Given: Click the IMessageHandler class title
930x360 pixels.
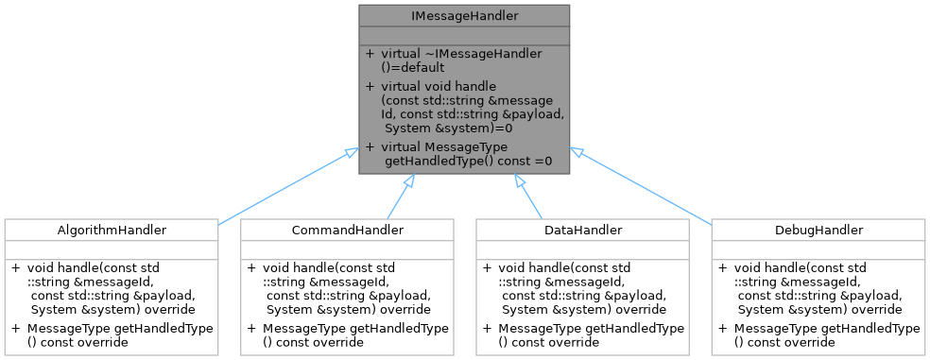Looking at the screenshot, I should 464,15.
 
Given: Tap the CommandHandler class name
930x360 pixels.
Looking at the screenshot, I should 347,230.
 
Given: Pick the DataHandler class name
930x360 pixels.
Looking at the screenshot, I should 582,230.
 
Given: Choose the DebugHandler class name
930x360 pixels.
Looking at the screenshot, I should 818,230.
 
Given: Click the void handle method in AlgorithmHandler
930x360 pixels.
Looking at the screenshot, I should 111,288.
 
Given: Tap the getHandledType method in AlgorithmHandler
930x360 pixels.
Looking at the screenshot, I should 111,334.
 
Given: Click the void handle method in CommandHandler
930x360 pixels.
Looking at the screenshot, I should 347,288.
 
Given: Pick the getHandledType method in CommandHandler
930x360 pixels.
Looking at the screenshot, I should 347,334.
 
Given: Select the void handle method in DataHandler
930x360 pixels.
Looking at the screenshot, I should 582,288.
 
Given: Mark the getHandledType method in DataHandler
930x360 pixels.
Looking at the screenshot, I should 582,334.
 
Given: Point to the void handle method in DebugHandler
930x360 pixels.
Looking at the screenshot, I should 818,288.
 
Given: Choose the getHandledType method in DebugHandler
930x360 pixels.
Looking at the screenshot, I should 818,334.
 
